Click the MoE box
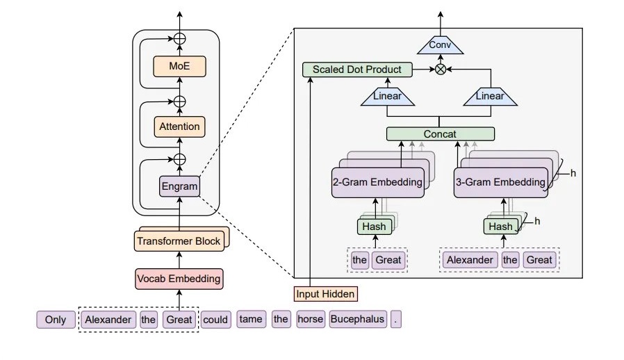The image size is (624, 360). pos(179,67)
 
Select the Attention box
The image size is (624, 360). pos(179,126)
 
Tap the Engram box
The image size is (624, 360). pos(179,186)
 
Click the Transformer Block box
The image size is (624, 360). pos(179,241)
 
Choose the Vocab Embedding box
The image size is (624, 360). pos(179,279)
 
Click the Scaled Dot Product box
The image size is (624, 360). pos(357,69)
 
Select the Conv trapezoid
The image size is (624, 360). pos(439,45)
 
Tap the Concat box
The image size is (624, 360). pos(440,133)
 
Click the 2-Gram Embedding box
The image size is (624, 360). pos(377,183)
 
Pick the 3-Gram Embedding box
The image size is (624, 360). pos(500,183)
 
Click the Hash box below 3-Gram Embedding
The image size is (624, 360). pos(500,227)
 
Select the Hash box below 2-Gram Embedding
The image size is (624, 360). pos(375,227)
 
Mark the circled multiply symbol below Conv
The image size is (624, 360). pos(440,69)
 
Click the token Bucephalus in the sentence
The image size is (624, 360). pos(357,320)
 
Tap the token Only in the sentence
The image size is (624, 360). pos(56,320)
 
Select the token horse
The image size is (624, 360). pos(311,320)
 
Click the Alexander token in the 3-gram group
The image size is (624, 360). pos(470,260)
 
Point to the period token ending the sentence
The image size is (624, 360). pos(396,320)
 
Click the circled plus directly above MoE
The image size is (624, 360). pos(179,39)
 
